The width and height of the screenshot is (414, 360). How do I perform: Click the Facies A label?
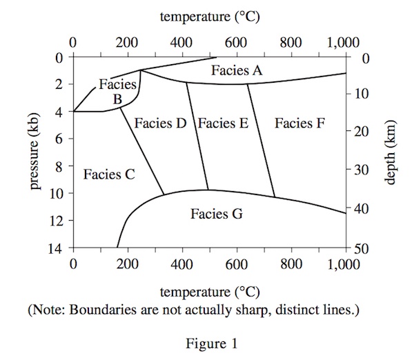tap(237, 70)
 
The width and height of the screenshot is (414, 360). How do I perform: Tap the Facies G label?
tap(217, 214)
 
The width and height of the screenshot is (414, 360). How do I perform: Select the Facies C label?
tap(109, 174)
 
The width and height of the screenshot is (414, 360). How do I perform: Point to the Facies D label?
tap(161, 123)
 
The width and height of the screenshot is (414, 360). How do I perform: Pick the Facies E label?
tap(223, 123)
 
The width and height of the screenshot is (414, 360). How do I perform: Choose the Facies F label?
tap(300, 123)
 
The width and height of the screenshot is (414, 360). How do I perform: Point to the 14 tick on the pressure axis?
tap(59, 248)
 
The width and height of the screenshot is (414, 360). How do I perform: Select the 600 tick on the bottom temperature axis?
tap(237, 264)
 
